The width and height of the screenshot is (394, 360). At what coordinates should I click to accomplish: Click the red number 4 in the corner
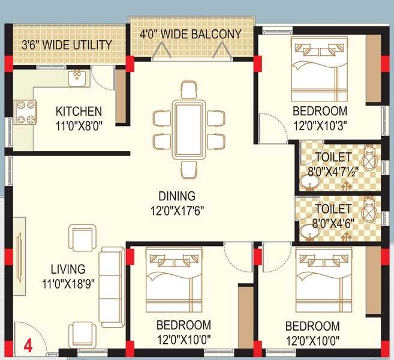click(x=28, y=345)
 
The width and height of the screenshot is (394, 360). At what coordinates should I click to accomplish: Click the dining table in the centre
click(x=188, y=130)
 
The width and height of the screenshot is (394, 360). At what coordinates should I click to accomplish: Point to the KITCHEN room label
click(x=79, y=112)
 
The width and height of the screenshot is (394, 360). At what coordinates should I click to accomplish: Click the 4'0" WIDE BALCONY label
click(x=191, y=34)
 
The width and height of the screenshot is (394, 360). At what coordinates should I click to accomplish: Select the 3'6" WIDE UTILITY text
click(x=67, y=45)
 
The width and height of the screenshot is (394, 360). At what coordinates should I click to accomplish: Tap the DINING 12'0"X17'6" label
click(x=176, y=202)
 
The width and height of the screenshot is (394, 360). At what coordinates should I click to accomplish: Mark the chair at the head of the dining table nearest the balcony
click(x=188, y=90)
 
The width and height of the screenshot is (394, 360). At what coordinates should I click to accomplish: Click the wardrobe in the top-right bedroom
click(x=374, y=69)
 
